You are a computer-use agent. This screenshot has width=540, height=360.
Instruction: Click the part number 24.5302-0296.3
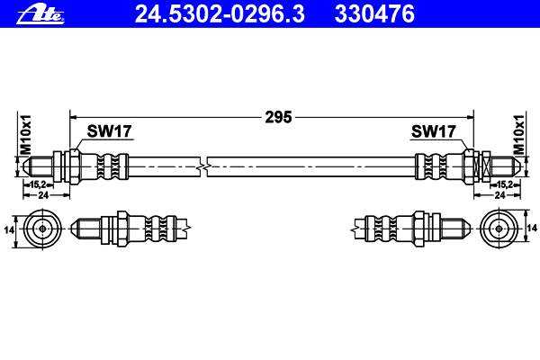click(220, 14)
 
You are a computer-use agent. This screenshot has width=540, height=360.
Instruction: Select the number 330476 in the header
click(374, 14)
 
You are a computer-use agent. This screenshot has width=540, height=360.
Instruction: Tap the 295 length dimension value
click(278, 117)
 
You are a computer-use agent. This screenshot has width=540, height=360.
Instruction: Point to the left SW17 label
click(109, 131)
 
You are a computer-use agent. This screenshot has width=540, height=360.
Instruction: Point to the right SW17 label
click(433, 131)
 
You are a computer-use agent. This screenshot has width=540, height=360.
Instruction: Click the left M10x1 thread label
click(26, 135)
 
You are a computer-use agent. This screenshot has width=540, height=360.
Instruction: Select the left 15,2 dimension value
click(38, 184)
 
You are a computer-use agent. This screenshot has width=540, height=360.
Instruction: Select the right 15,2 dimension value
click(505, 184)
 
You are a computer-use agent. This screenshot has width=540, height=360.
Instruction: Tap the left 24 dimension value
click(43, 195)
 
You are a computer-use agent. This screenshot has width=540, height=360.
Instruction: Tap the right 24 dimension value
click(499, 195)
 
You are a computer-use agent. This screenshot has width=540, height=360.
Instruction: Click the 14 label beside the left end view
click(9, 229)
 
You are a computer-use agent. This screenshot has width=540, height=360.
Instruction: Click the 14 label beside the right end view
click(532, 228)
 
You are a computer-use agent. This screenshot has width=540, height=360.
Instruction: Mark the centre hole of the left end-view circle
click(42, 229)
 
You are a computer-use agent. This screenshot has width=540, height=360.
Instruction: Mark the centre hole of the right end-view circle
click(499, 229)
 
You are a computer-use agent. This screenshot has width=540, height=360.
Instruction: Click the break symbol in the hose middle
click(203, 167)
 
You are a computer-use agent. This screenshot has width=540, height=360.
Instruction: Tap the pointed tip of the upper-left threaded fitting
click(23, 166)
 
